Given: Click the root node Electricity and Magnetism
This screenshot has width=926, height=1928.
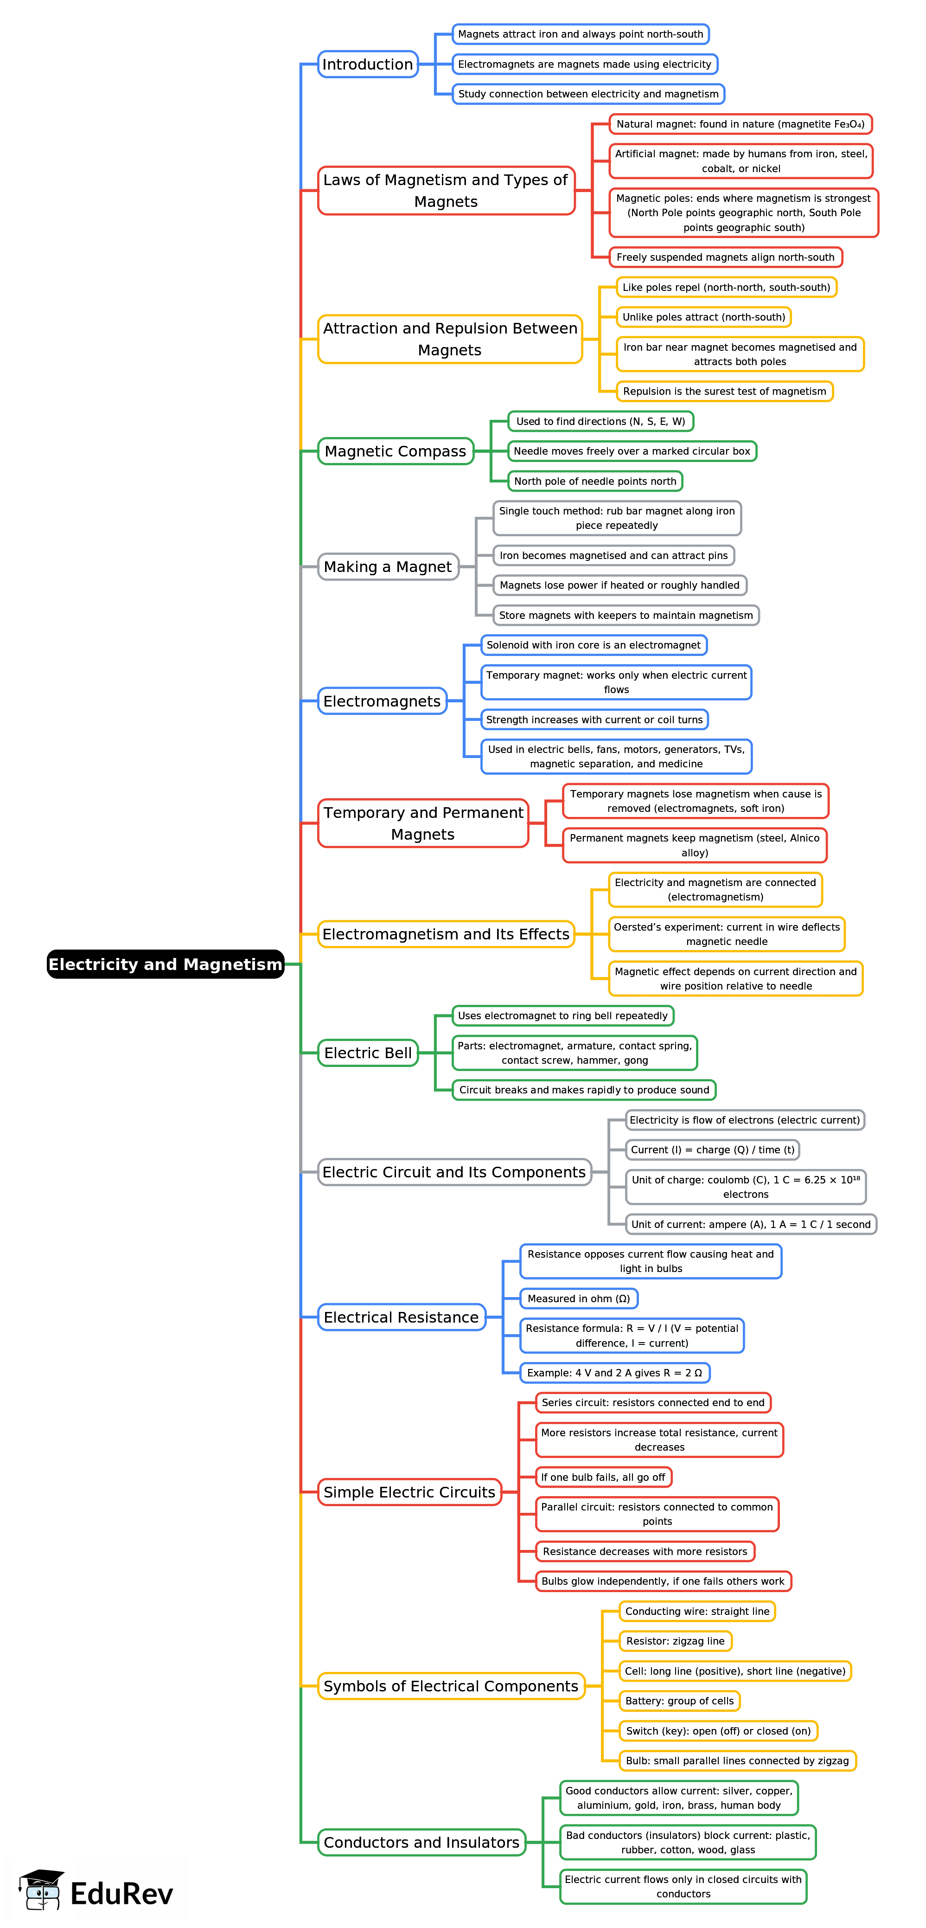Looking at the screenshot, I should [165, 964].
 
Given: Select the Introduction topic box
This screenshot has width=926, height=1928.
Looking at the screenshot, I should [367, 64].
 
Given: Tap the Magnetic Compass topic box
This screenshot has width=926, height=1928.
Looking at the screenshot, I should [396, 451].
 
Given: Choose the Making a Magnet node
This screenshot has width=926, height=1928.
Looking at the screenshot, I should [388, 566].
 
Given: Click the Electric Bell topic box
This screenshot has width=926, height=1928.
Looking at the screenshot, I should [367, 1053].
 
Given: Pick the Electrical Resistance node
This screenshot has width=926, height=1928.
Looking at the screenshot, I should [401, 1317].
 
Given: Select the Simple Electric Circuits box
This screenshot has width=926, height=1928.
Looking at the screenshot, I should [409, 1492].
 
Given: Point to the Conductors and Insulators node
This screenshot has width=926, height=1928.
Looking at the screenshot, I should [421, 1842].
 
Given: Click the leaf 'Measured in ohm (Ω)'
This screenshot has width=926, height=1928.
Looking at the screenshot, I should [578, 1298].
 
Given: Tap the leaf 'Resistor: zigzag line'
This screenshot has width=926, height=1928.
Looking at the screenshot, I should [675, 1641].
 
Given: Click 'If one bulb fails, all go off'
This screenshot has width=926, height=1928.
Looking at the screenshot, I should [603, 1478].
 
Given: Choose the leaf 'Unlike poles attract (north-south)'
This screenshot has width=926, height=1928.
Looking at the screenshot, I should [703, 317].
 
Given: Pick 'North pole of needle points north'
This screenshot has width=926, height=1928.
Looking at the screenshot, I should [594, 481].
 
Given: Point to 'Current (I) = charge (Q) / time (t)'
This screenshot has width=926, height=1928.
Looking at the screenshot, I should [712, 1150].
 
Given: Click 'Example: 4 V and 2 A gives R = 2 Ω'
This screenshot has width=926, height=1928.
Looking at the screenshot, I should [614, 1373].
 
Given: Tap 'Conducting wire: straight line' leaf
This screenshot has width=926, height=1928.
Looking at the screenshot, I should [696, 1612].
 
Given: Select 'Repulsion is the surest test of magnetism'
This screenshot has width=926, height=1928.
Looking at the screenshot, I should [724, 392].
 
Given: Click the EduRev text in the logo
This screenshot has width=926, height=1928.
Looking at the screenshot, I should [122, 1894].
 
